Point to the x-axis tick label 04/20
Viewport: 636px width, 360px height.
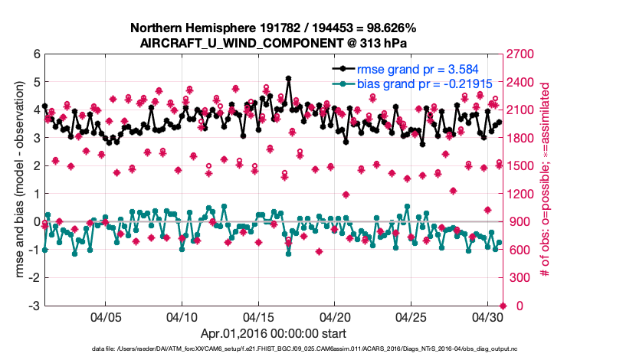tap(335, 317)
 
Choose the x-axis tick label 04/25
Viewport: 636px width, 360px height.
tap(411, 317)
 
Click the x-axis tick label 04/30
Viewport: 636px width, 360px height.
tap(487, 317)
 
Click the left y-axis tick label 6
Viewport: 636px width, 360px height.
tap(36, 54)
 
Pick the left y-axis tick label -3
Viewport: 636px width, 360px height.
tap(34, 306)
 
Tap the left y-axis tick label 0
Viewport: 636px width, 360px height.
tap(36, 222)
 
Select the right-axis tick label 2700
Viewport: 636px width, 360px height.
tap(519, 54)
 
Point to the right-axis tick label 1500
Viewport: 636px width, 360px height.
tap(519, 166)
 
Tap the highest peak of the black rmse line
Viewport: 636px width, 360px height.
tap(288, 78)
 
